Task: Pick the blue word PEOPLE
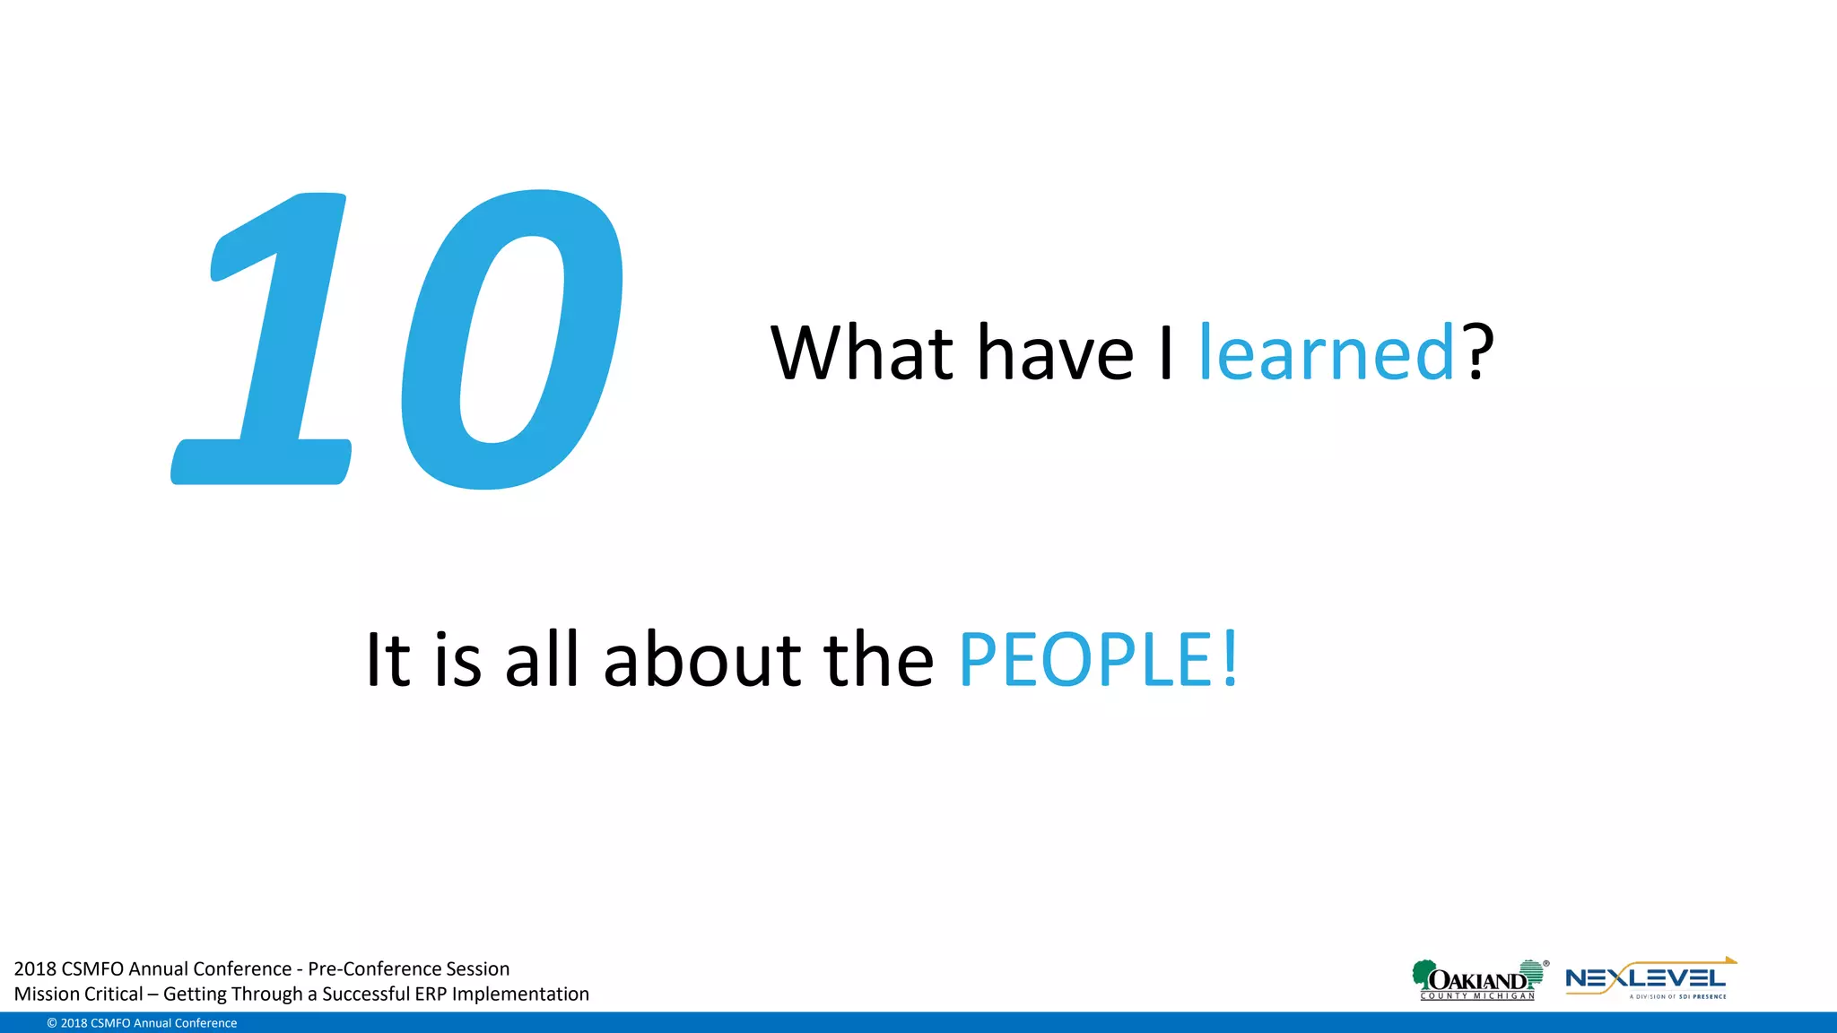[1085, 661]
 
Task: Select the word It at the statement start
[387, 661]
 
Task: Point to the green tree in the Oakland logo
[1423, 974]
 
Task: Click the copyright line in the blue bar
[142, 1023]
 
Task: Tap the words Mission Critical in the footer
[78, 994]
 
